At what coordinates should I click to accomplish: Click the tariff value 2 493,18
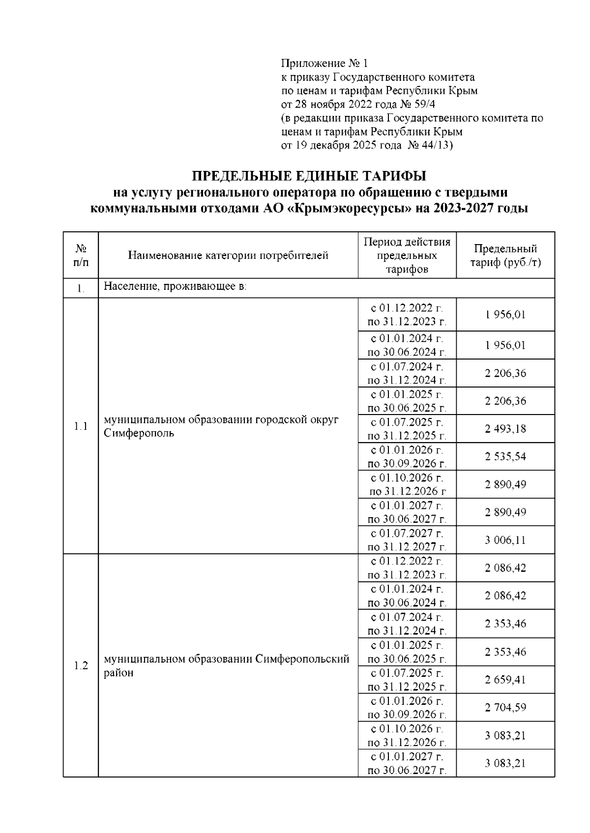point(505,429)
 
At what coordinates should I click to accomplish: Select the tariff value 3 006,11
point(505,540)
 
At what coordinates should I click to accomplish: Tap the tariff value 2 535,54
point(505,457)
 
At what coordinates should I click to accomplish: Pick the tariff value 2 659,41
point(505,680)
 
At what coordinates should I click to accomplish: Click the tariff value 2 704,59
point(505,708)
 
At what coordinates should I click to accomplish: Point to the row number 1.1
point(81,426)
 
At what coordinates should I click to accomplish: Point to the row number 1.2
point(81,666)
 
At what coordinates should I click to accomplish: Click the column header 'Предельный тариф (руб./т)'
point(505,255)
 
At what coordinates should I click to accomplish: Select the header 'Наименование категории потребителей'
point(228,255)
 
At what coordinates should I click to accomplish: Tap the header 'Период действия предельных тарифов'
point(407,255)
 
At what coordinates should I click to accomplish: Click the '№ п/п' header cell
point(81,255)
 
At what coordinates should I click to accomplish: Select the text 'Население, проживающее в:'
point(175,286)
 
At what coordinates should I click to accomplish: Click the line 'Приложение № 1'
point(324,63)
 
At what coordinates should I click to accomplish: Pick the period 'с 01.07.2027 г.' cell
point(407,533)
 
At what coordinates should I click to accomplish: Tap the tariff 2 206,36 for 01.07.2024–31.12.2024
point(505,373)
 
